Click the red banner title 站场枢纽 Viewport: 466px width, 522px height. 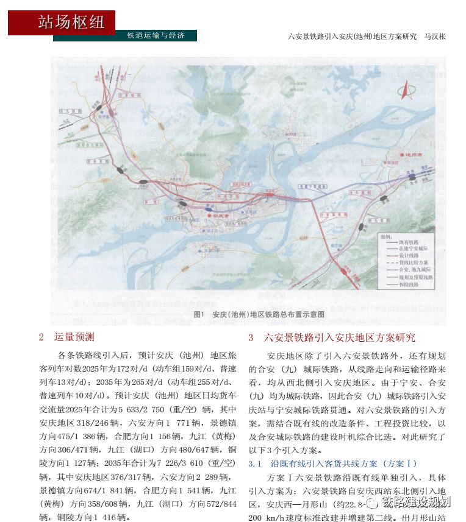[x=71, y=23]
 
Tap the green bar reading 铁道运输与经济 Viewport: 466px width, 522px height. [x=156, y=36]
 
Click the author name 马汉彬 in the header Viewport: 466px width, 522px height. [x=436, y=37]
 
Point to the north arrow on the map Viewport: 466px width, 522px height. [x=406, y=91]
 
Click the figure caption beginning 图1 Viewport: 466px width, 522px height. [x=258, y=314]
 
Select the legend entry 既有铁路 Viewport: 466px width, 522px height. [x=409, y=242]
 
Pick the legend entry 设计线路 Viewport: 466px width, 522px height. [x=409, y=256]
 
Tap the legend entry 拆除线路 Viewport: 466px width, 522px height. [x=409, y=284]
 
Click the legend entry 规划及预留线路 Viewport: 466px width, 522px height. [x=415, y=277]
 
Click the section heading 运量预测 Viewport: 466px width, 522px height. [x=74, y=337]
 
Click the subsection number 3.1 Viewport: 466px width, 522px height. [x=255, y=464]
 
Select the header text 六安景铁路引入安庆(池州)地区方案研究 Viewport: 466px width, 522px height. [x=351, y=37]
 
